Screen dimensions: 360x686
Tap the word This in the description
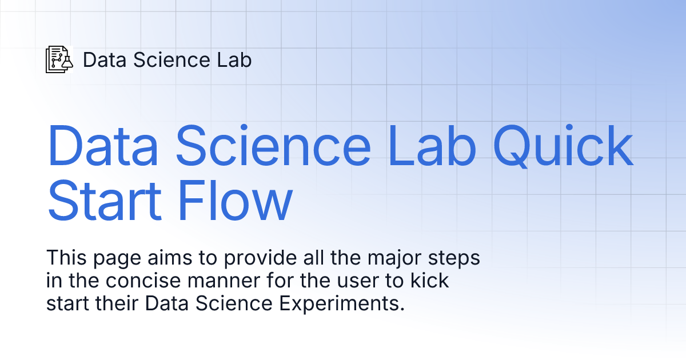64,258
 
